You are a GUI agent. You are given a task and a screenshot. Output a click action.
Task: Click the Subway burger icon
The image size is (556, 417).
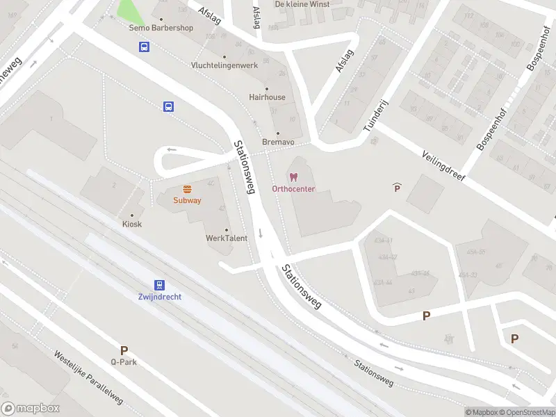pos(188,189)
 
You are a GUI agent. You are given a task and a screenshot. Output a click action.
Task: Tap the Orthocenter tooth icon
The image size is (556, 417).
pos(293,178)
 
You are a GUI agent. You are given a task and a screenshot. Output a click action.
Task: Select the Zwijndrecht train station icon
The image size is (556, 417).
pos(160,285)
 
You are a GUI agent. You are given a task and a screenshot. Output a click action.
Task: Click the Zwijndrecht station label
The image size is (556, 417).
pos(160,297)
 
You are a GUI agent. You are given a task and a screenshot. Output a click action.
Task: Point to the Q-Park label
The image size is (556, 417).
pos(123,361)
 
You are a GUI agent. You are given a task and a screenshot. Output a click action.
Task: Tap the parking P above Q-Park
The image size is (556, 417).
pos(124,350)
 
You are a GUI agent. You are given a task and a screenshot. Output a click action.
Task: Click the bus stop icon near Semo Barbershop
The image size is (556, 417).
pos(144,47)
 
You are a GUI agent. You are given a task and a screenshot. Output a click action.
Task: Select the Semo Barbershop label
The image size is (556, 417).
pos(161,28)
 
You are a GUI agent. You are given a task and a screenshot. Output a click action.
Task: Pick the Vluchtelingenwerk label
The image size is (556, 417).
pos(224,65)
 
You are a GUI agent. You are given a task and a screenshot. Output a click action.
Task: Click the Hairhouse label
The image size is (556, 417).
pos(267,97)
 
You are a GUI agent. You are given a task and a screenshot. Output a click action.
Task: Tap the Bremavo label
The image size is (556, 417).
pos(278,142)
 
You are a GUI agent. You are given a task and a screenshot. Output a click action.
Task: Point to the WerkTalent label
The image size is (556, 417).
pos(227,238)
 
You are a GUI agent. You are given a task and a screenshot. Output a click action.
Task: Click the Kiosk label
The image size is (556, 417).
pos(132,224)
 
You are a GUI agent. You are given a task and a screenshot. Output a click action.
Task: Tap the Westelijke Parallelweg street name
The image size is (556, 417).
pos(88,377)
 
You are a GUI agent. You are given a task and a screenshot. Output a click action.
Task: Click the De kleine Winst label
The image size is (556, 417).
pos(302,4)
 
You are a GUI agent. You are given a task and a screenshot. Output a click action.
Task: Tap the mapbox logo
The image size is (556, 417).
pos(30,409)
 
